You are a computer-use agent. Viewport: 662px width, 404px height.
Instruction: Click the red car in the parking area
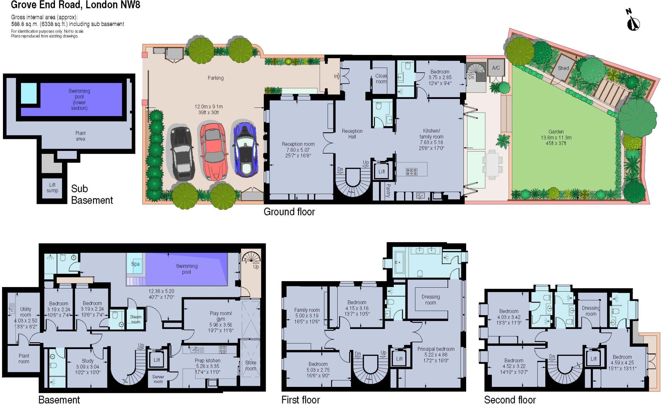[214, 151]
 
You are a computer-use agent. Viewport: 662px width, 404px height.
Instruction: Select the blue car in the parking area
[245, 149]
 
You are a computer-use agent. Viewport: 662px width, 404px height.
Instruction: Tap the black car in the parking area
[182, 154]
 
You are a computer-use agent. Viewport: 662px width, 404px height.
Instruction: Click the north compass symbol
[633, 22]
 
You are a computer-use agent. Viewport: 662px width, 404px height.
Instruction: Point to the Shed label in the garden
[563, 68]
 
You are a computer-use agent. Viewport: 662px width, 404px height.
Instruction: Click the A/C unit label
[496, 68]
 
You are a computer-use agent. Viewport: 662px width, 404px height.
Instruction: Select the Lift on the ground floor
[381, 172]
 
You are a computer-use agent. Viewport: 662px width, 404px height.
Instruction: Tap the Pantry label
[388, 191]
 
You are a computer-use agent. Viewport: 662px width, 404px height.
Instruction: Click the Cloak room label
[381, 79]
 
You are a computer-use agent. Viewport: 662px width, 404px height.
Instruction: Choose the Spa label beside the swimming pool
[135, 264]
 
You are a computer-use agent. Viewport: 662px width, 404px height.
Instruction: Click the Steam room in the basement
[135, 319]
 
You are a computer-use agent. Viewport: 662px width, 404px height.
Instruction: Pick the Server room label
[158, 379]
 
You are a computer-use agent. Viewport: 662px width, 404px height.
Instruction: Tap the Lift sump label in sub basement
[52, 187]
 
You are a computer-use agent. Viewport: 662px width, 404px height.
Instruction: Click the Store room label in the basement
[251, 365]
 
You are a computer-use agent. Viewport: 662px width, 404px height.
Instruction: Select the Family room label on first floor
[306, 313]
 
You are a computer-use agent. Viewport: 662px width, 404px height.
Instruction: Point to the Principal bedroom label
[436, 349]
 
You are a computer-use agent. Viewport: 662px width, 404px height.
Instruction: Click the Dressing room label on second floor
[591, 311]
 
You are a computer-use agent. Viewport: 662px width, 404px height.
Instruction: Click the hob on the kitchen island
[411, 172]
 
